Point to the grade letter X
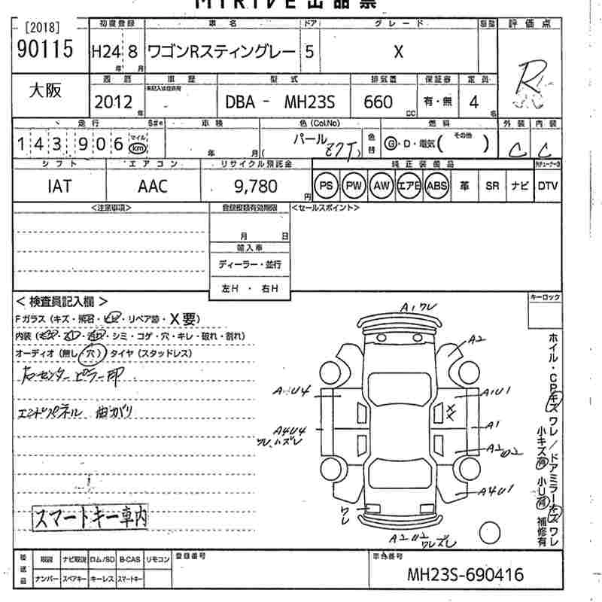(x=398, y=51)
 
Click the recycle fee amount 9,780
(x=255, y=186)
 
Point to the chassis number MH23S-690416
(x=465, y=576)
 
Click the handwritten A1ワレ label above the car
(x=416, y=307)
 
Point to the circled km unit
(x=138, y=143)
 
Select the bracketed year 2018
(x=43, y=28)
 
